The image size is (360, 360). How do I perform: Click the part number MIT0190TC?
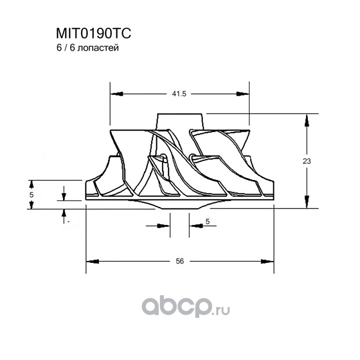coord(94,33)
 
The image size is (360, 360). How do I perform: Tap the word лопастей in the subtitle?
coord(98,48)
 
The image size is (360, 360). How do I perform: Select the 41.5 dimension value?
coord(179,94)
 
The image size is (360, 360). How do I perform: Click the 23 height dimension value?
coord(306,161)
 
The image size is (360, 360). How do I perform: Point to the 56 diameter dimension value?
coord(180,261)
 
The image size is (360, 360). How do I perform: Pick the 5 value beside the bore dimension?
coord(207,221)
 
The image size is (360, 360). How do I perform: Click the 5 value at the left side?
coord(31,195)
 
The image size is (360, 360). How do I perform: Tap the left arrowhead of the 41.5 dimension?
coord(117,94)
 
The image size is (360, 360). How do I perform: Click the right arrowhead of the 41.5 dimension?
coord(243,94)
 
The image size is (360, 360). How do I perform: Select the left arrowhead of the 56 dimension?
coord(93,261)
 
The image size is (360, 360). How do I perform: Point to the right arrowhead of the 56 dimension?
coord(267,261)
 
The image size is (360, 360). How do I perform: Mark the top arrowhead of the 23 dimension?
coord(306,121)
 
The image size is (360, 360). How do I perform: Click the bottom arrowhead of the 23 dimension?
coord(306,202)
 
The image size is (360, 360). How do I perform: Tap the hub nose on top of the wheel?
coord(180,121)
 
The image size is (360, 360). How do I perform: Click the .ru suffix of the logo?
coord(221,311)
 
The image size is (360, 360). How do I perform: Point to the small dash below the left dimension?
coord(68,222)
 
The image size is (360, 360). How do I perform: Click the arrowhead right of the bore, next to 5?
coord(196,226)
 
